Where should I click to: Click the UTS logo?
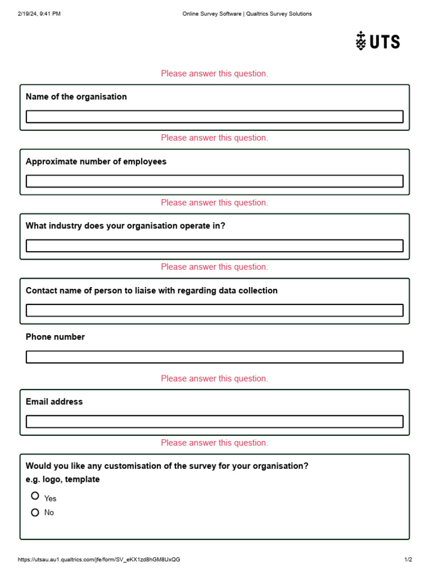click(378, 41)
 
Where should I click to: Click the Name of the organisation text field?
click(214, 116)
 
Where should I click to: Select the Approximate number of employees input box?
click(214, 181)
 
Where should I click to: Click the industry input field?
click(214, 246)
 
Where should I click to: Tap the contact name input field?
click(214, 310)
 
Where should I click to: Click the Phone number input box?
click(214, 357)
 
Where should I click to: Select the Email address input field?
click(214, 421)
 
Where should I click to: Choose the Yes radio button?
click(35, 496)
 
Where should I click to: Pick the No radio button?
click(35, 512)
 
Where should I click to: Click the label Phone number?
click(55, 337)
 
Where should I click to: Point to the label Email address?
click(54, 402)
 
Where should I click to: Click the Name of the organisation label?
click(76, 97)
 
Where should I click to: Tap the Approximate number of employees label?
click(96, 162)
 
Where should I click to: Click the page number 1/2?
click(408, 560)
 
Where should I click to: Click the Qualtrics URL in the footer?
click(99, 560)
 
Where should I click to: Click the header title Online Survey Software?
click(247, 14)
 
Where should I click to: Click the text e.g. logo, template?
click(63, 480)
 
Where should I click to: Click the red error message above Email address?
click(214, 379)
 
